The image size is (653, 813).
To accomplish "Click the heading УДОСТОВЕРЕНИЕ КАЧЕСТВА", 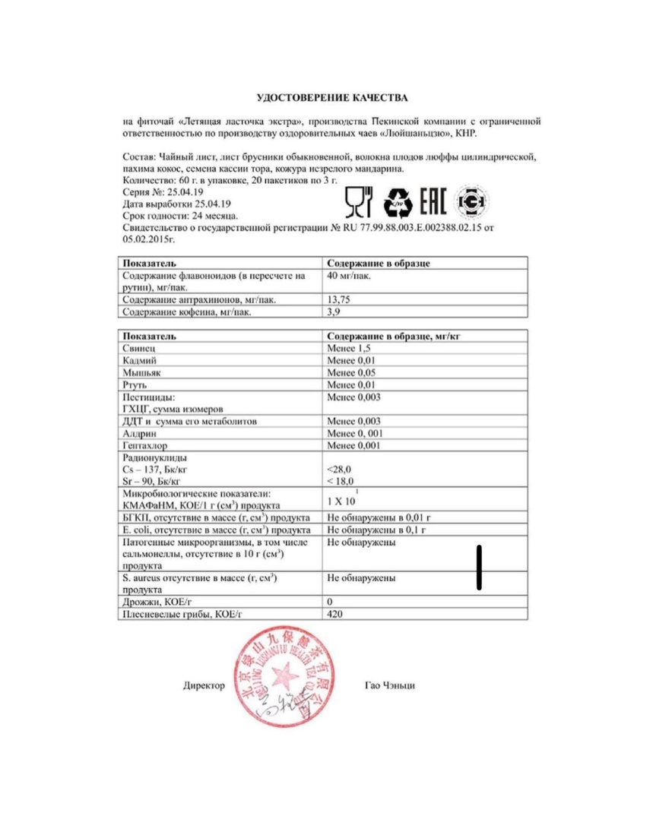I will (331, 98).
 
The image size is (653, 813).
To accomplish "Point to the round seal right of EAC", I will (471, 201).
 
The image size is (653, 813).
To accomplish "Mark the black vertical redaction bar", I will (480, 566).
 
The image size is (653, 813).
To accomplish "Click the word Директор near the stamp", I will (204, 685).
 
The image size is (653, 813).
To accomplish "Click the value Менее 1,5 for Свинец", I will (350, 347).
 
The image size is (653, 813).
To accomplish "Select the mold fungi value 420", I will (334, 613).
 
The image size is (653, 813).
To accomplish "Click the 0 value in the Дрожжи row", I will (330, 601).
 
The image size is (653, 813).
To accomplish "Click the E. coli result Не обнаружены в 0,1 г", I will (376, 529).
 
